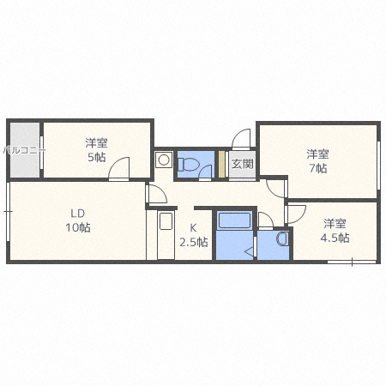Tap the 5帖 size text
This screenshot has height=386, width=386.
tap(95, 158)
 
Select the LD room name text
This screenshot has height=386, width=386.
tap(78, 214)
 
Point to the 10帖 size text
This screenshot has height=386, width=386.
tap(78, 228)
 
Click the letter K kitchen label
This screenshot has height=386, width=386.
tap(193, 227)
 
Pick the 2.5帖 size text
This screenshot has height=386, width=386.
tap(193, 242)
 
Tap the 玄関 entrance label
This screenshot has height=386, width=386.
tap(242, 164)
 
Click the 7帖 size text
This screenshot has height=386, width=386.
tap(317, 169)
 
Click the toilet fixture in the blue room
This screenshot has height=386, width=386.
tap(187, 163)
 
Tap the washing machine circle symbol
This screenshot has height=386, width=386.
tap(163, 160)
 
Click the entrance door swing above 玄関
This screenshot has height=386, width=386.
tap(241, 139)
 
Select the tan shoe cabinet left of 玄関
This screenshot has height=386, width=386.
tap(221, 164)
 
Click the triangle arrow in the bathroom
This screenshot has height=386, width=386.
tap(249, 251)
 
